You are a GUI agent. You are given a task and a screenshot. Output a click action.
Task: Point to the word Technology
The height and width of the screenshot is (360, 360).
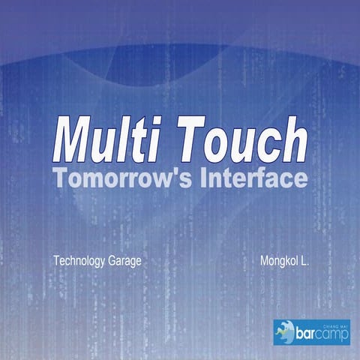(x=79, y=262)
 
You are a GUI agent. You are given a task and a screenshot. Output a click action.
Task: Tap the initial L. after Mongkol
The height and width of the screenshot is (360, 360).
(x=305, y=262)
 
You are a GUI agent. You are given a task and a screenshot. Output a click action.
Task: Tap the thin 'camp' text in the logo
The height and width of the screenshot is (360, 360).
(x=333, y=335)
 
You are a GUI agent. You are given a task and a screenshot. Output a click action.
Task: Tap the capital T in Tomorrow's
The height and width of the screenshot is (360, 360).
(x=59, y=178)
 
